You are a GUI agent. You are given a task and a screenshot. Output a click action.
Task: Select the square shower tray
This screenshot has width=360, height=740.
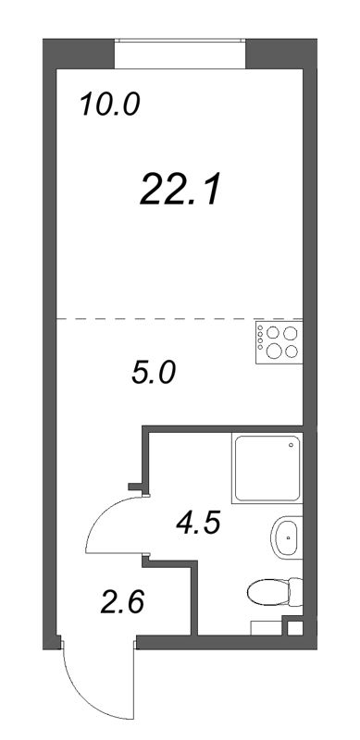coord(267,469)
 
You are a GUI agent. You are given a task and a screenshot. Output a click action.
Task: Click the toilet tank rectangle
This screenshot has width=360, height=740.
coord(295,590)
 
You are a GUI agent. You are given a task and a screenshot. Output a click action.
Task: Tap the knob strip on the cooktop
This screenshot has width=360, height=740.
coord(260,341)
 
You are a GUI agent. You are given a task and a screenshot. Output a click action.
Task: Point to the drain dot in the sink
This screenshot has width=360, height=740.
coord(290,536)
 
